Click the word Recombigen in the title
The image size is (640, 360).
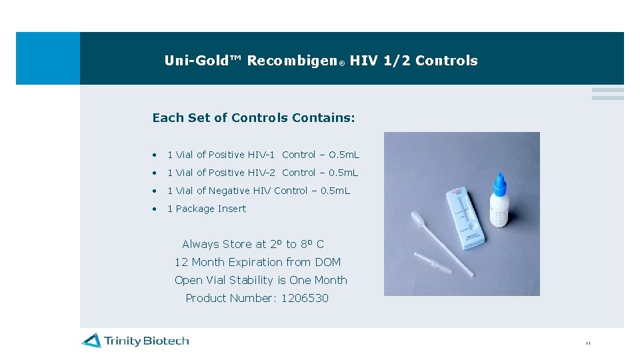pos(292,61)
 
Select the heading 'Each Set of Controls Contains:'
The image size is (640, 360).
pos(253,118)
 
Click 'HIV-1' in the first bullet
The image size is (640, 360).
pos(261,155)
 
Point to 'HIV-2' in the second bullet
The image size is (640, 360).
pos(261,173)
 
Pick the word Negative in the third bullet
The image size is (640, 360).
pos(229,191)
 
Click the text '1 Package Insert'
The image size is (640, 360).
pos(207,209)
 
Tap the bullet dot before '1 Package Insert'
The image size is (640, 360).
pos(155,209)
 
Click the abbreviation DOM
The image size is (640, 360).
pos(327,262)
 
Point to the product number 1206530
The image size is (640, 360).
pos(305,298)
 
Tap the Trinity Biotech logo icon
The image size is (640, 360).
pos(91,341)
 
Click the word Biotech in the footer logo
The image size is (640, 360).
pos(165,341)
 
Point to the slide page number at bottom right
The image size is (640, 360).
pos(587,343)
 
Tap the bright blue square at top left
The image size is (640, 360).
pos(47,58)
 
